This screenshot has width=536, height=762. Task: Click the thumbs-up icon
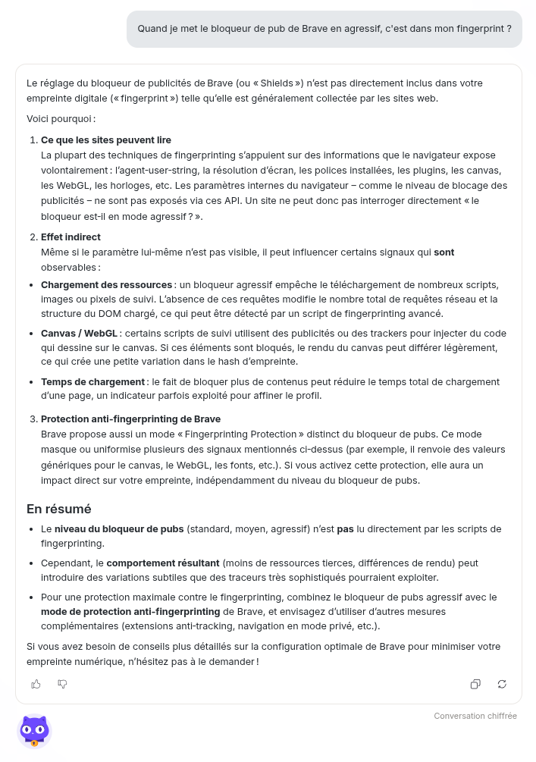[x=36, y=684]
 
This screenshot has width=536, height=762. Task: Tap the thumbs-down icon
[x=62, y=684]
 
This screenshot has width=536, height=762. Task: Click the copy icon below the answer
[x=475, y=684]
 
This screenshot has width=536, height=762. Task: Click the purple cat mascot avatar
[x=34, y=731]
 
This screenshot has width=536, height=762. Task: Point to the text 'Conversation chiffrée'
[x=475, y=716]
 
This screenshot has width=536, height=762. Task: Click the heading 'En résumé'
[x=58, y=509]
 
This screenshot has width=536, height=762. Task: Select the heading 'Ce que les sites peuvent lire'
[x=106, y=140]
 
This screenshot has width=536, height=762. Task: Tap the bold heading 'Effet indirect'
[x=71, y=237]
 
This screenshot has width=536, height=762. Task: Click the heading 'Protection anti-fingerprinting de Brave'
[x=130, y=419]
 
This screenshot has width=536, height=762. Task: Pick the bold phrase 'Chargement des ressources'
[x=106, y=285]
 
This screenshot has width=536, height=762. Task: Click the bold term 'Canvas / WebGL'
[x=79, y=334]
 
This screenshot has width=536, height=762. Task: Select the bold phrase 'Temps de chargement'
[x=92, y=382]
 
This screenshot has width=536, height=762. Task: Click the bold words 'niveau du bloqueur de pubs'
[x=119, y=529]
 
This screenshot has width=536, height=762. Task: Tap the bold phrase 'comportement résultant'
[x=164, y=563]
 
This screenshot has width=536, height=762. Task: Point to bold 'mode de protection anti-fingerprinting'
[x=130, y=612]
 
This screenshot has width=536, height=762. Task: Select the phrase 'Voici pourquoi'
[x=59, y=119]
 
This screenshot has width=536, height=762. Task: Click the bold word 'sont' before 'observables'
[x=444, y=252]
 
